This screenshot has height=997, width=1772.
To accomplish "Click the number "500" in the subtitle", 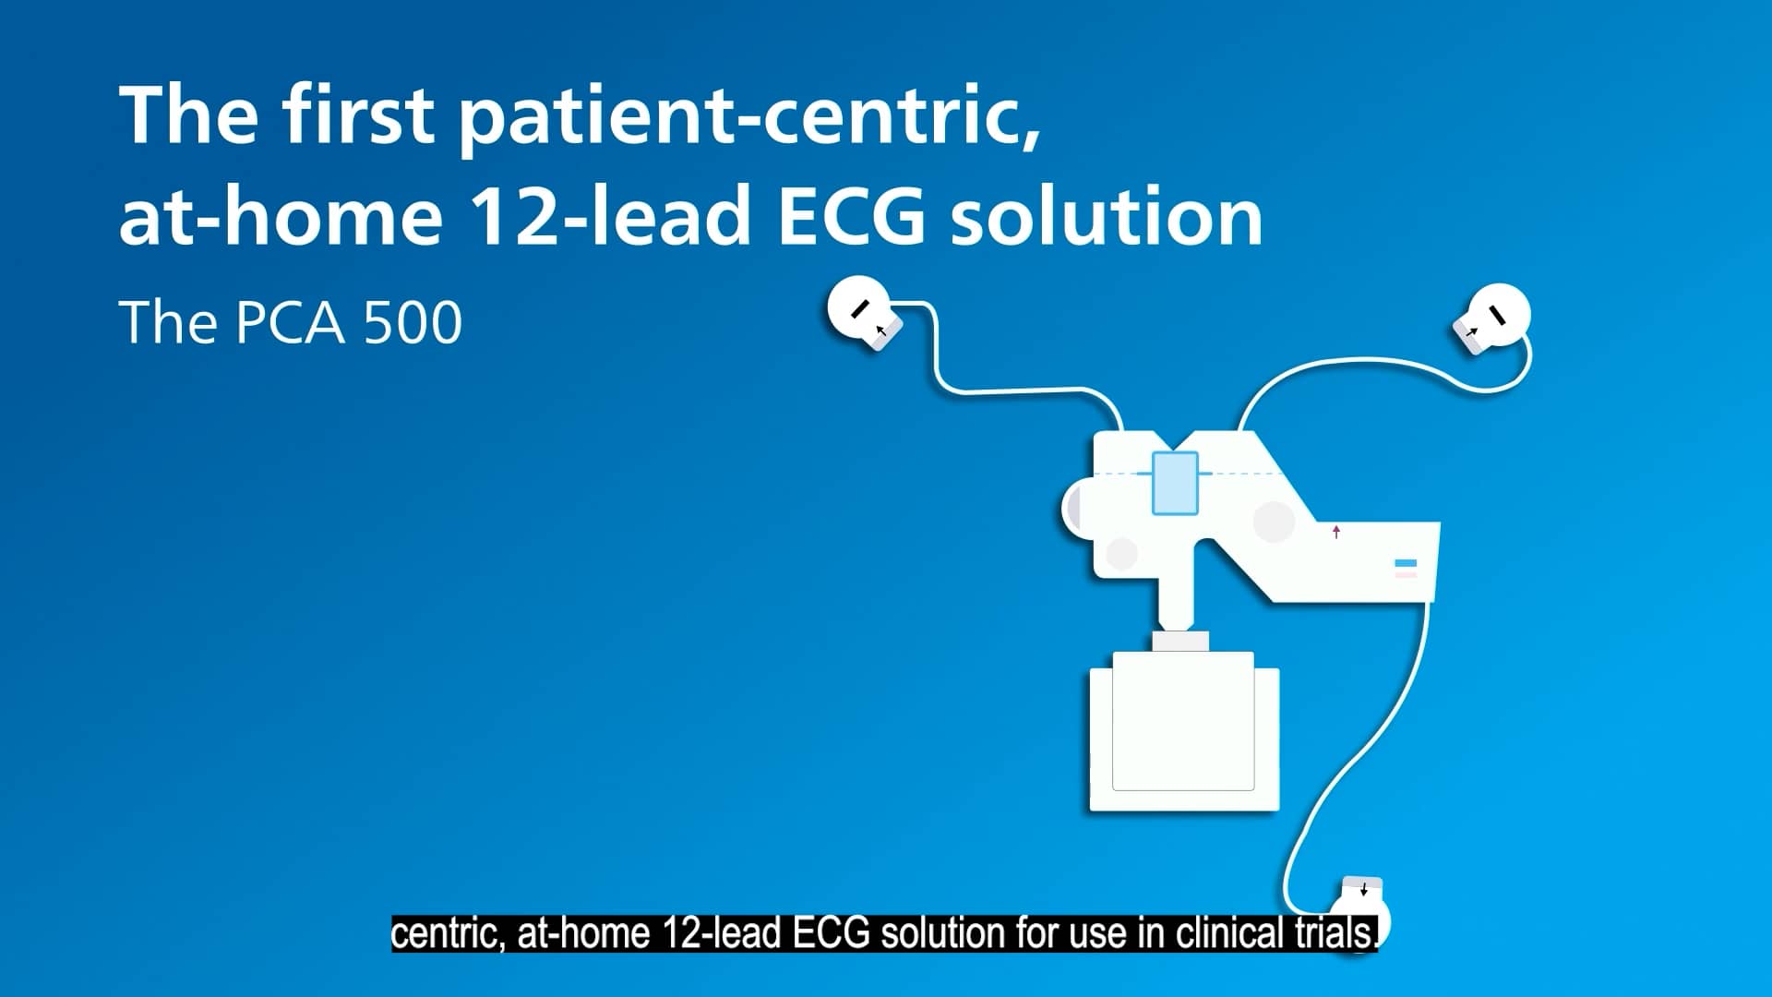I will click(413, 322).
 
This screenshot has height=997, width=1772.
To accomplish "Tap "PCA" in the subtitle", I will click(290, 322).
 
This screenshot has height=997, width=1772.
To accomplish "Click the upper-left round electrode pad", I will click(859, 309).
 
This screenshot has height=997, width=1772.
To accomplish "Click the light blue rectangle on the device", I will click(1175, 483).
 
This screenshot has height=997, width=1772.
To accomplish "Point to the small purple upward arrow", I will click(1335, 532).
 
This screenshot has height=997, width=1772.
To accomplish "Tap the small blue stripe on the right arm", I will click(1405, 563).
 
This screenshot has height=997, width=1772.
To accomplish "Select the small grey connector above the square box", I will click(1180, 641).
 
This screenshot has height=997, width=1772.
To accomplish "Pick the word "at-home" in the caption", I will click(585, 933).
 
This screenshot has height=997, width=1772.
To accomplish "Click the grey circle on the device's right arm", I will click(1274, 522).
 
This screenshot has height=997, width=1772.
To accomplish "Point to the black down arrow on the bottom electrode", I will click(1364, 890).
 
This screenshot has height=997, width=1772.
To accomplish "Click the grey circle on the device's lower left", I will click(1121, 554).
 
